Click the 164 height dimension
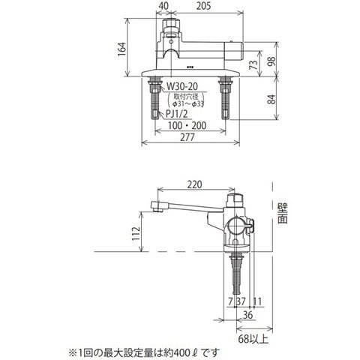pos(121,49)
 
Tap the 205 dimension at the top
pos(203,6)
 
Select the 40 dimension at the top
pos(163,6)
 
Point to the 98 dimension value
pos(271,61)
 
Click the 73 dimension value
pos(254,65)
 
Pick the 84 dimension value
pos(271,99)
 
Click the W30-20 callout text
pos(182,86)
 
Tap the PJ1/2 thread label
pos(177,114)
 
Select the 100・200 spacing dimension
pos(187,125)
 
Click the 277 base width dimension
pos(187,137)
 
